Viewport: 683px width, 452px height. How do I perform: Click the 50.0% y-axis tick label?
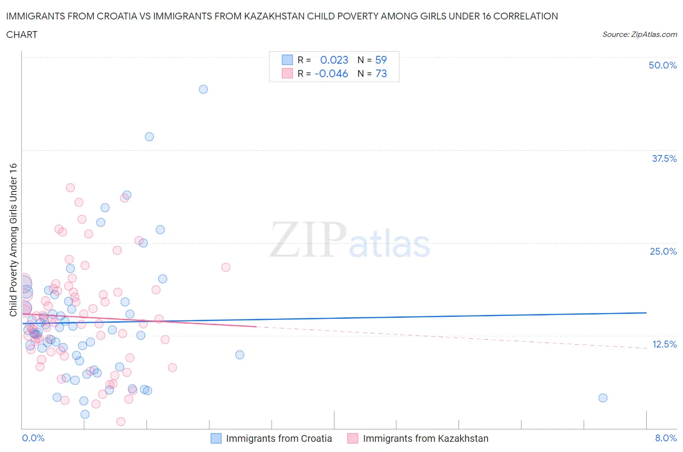[663, 65]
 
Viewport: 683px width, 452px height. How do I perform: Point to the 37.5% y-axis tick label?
[664, 158]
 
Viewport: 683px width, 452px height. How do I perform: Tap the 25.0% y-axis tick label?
[663, 251]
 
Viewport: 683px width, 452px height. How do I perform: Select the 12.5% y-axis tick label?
[664, 344]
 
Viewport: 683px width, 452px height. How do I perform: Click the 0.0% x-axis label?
[33, 438]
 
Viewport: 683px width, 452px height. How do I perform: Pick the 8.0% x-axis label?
[666, 438]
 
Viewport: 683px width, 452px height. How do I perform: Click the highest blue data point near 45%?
[204, 89]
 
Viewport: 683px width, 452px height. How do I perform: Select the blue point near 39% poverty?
[150, 137]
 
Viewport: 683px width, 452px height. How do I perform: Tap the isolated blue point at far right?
[603, 398]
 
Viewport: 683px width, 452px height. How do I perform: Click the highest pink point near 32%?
[70, 188]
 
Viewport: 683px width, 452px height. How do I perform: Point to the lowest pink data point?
[121, 421]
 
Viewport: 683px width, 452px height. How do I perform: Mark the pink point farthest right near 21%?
[226, 267]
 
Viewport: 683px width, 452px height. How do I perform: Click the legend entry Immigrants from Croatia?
[279, 438]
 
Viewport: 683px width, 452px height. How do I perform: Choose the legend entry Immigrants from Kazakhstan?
[426, 438]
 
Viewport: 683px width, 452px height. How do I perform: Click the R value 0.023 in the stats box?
[334, 60]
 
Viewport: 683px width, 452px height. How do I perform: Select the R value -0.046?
[331, 73]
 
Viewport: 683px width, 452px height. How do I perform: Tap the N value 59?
[381, 60]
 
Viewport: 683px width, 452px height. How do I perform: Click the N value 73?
[381, 73]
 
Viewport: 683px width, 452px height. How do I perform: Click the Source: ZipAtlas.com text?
[639, 35]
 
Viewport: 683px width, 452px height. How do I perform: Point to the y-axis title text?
[13, 240]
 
